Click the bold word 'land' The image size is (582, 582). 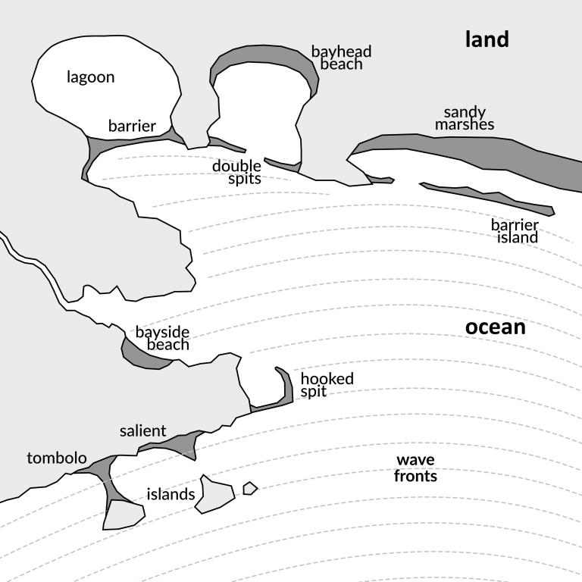tap(487, 40)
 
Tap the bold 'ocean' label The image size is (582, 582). tap(495, 327)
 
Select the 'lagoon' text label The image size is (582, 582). tap(90, 77)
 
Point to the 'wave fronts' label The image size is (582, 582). tap(415, 468)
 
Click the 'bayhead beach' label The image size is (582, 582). tap(341, 58)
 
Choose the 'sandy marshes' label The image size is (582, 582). tap(465, 118)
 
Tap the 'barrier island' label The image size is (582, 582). tap(515, 231)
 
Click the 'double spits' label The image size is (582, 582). tap(237, 172)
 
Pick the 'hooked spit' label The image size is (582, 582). tap(327, 385)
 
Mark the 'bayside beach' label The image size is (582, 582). tap(162, 339)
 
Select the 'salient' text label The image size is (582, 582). tap(142, 431)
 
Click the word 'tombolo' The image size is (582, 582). tap(57, 458)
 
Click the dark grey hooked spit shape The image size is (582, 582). tap(287, 386)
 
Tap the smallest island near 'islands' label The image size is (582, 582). tap(249, 488)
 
